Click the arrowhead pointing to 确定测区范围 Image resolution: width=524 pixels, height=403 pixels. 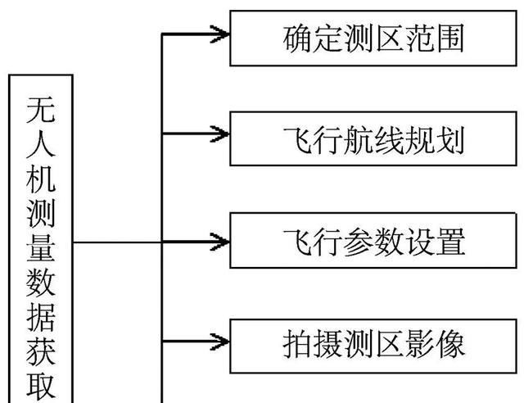tap(219, 34)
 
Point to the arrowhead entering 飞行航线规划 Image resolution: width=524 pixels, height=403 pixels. tap(219, 134)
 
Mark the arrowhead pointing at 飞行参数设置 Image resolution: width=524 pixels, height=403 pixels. tap(219, 241)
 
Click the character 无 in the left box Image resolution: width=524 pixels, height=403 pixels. tap(42, 107)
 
